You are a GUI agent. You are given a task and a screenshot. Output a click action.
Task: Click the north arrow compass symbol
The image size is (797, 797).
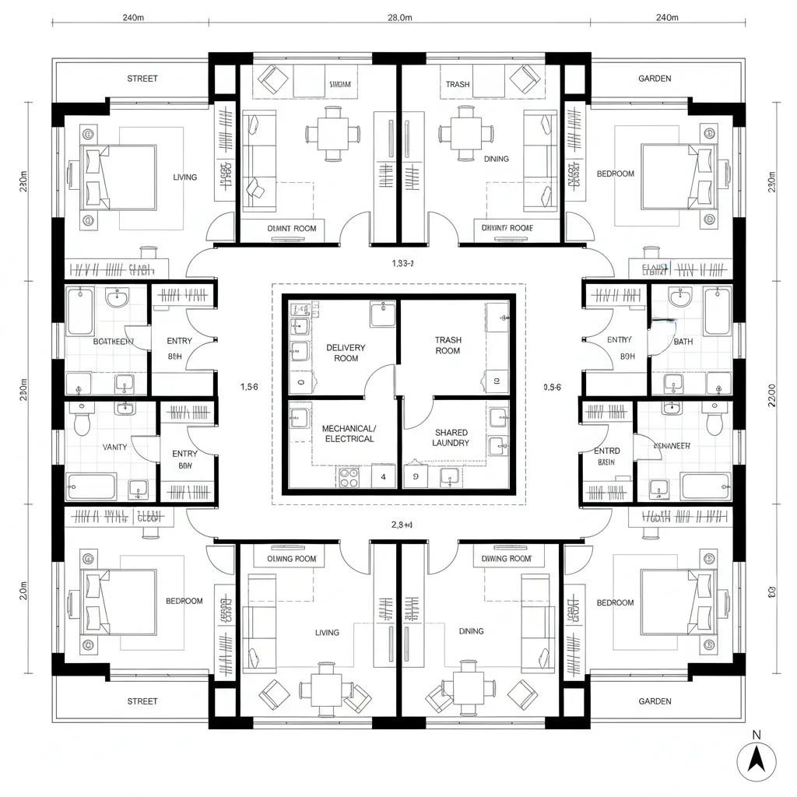pos(756,759)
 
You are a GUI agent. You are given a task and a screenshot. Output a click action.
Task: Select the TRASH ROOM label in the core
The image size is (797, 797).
pos(448,346)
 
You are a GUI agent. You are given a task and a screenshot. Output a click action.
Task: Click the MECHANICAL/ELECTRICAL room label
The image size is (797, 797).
pos(348,434)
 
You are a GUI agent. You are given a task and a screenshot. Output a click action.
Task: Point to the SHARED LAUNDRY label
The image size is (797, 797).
pos(451,437)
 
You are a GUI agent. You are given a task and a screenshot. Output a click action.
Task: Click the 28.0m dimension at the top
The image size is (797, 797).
pos(399,18)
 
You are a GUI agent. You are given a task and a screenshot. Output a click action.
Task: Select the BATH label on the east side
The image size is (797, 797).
pos(683,342)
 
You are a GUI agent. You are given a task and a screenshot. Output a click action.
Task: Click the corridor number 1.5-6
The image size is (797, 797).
pos(249,386)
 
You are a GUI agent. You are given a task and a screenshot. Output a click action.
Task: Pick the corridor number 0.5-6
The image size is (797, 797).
pos(552,386)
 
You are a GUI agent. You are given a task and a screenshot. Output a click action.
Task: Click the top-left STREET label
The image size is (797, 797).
pos(142,79)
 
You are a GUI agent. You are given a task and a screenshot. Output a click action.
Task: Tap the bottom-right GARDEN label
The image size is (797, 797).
pos(655,701)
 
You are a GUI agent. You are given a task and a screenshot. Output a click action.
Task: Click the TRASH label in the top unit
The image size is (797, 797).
pos(458,84)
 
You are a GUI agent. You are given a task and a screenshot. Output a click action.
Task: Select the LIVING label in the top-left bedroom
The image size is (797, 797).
pos(185,177)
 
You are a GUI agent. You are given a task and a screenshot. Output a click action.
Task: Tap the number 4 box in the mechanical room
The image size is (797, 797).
pos(384,476)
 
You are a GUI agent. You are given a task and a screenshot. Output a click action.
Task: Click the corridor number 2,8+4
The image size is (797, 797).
pos(402,525)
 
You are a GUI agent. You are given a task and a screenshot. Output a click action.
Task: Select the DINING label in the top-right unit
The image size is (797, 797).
pos(496,159)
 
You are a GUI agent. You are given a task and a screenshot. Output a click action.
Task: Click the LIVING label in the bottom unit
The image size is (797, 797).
pos(327,632)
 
